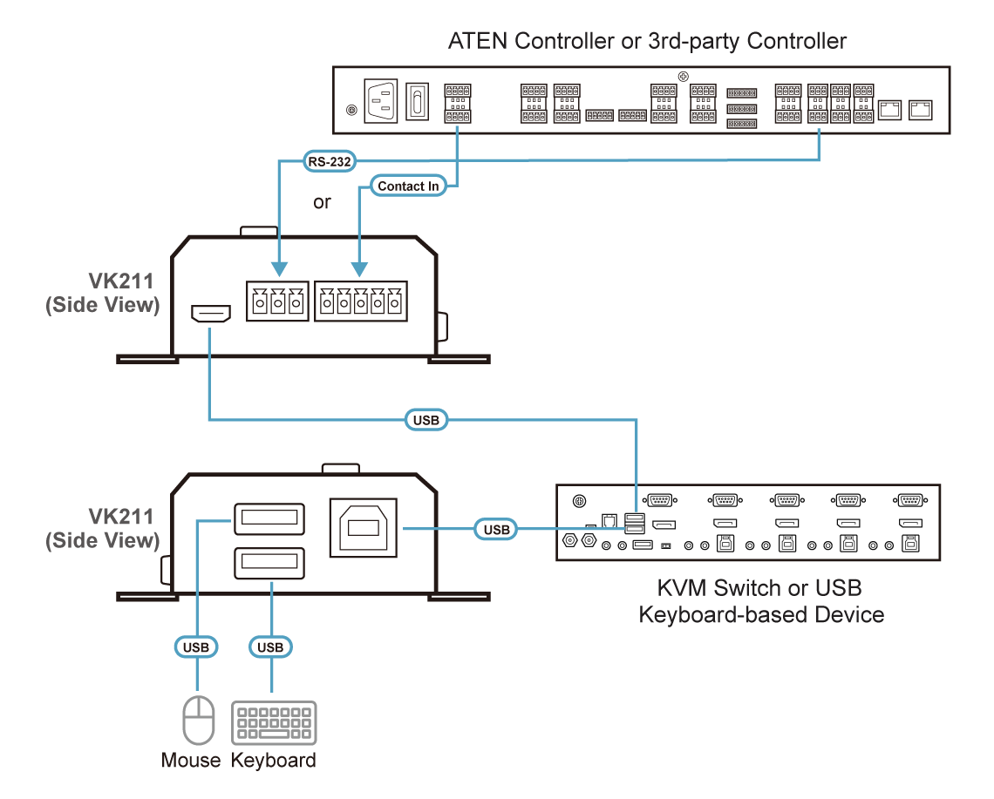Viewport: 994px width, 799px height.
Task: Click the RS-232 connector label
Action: [329, 161]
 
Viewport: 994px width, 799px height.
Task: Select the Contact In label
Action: [408, 186]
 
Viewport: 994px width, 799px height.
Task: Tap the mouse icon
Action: [199, 720]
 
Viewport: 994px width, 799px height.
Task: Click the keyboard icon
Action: [274, 722]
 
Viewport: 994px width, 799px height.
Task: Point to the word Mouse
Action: [191, 760]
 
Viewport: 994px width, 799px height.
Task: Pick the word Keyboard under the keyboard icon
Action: [273, 761]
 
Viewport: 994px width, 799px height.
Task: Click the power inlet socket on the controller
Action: [381, 101]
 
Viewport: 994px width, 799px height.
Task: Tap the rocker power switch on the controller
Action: [417, 101]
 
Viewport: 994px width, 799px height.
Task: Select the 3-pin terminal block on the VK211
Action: [277, 301]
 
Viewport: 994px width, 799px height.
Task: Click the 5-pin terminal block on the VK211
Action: [361, 301]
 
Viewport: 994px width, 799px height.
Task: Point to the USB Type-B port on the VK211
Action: [364, 528]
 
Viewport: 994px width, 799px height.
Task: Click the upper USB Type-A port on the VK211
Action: [269, 519]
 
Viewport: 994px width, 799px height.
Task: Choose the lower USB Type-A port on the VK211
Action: [269, 563]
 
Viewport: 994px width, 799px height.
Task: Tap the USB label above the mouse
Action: [196, 647]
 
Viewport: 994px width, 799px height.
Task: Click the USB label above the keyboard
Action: [270, 647]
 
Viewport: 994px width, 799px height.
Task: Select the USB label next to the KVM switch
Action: [496, 529]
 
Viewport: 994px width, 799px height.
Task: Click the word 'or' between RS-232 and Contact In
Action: [322, 202]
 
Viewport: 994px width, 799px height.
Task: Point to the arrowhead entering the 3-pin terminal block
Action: [279, 269]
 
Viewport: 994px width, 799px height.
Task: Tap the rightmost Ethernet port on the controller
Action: [921, 110]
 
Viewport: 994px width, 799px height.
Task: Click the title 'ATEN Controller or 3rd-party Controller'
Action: [647, 41]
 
